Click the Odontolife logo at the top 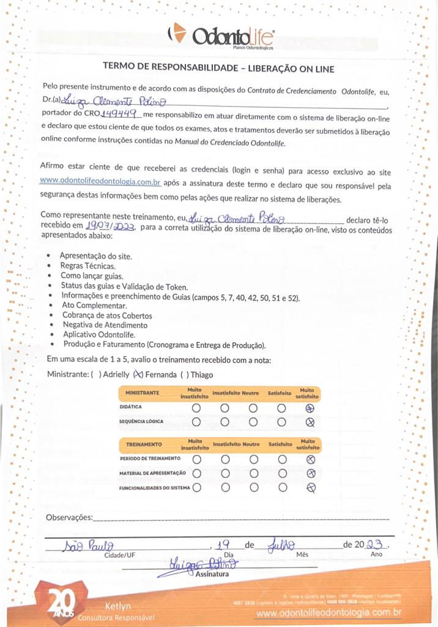click(x=221, y=36)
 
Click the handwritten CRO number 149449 click(x=121, y=113)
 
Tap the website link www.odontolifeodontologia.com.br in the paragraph click(x=100, y=181)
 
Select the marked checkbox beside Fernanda click(x=138, y=375)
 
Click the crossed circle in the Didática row click(x=310, y=408)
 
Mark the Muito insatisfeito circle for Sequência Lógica click(x=196, y=421)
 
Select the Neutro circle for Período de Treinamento click(x=253, y=459)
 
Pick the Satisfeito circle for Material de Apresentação click(x=281, y=473)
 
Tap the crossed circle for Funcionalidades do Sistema click(x=310, y=487)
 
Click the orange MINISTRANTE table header click(x=143, y=392)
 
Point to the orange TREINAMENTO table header click(x=144, y=443)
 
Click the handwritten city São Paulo click(x=87, y=545)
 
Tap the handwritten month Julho click(x=281, y=544)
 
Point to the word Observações click(x=69, y=518)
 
